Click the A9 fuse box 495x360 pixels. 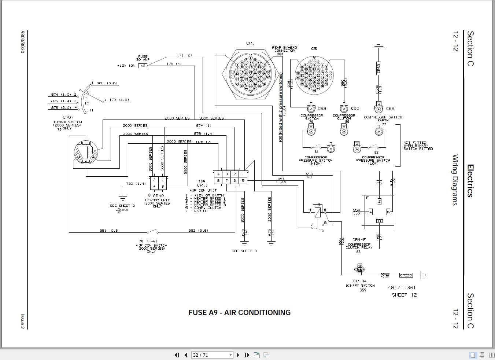click(143, 66)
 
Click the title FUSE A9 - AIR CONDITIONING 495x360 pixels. click(240, 313)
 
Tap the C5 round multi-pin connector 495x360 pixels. click(314, 75)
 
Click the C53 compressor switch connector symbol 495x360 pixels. click(311, 109)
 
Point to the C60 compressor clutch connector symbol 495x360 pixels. click(344, 109)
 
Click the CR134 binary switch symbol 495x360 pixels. click(360, 269)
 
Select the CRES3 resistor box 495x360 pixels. click(406, 275)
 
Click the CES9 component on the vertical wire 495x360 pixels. click(378, 68)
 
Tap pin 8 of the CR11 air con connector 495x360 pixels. click(218, 180)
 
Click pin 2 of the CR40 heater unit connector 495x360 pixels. click(154, 180)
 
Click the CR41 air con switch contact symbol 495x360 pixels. click(152, 232)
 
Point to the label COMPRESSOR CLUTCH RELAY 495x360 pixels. click(359, 246)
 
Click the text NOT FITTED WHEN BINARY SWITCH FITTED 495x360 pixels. click(418, 146)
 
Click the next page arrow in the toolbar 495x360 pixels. click(238, 355)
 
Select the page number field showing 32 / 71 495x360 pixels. click(212, 355)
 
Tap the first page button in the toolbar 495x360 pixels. click(177, 355)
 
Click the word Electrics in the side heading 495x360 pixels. click(470, 181)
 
